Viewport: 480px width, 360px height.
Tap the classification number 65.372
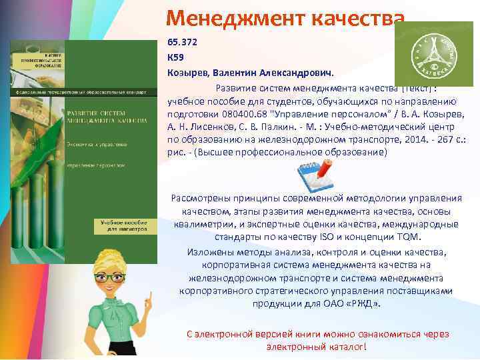181,41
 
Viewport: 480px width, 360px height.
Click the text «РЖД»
366,303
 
